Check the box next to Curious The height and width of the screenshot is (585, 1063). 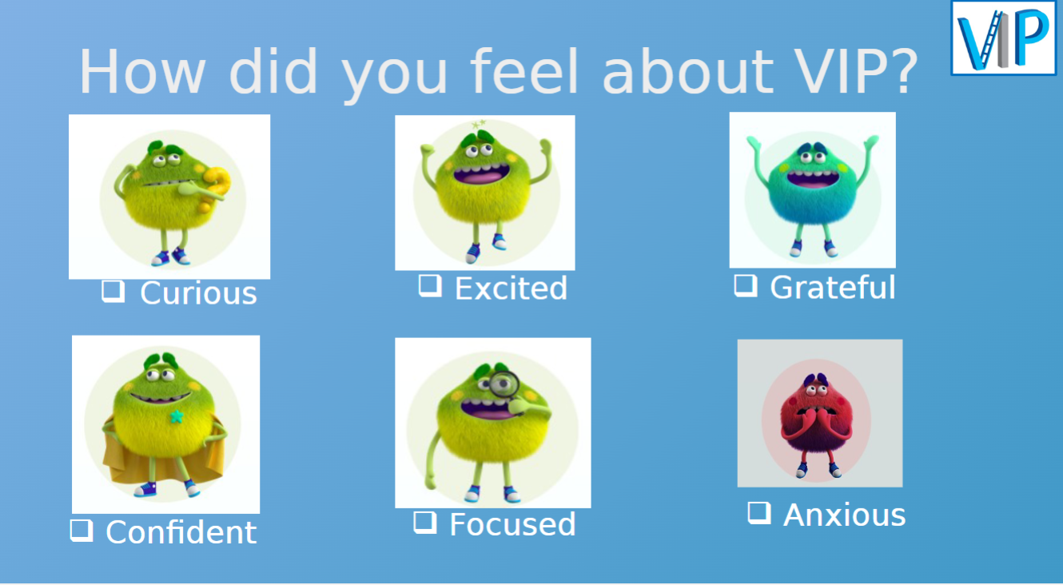pos(113,291)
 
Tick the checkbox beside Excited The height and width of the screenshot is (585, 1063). pos(430,285)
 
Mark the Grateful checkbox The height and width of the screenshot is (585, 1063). pos(745,285)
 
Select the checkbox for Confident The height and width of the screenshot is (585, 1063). pos(81,530)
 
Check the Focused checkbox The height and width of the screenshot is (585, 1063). pos(424,522)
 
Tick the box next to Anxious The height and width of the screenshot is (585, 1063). pos(758,512)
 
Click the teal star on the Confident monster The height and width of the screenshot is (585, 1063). pos(176,416)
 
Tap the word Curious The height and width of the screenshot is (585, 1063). pos(198,293)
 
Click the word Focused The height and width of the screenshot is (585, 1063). pos(512,524)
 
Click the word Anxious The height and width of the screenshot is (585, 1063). pos(845,515)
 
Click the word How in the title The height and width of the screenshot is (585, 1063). pos(142,72)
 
